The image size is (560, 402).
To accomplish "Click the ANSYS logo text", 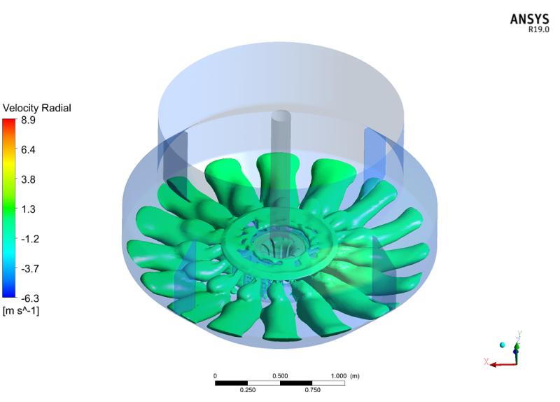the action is [529, 19].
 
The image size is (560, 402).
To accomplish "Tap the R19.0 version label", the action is [539, 29].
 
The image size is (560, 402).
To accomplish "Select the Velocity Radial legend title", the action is [37, 108].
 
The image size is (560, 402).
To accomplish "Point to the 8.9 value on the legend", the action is [28, 120].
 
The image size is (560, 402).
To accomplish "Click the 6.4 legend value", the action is [28, 150].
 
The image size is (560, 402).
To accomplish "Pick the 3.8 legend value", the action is [28, 179].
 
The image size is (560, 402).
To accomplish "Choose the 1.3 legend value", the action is [28, 209].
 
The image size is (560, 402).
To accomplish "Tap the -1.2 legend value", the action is [29, 239].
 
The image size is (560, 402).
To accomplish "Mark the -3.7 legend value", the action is [29, 268].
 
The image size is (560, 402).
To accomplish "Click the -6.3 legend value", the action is [29, 298].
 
